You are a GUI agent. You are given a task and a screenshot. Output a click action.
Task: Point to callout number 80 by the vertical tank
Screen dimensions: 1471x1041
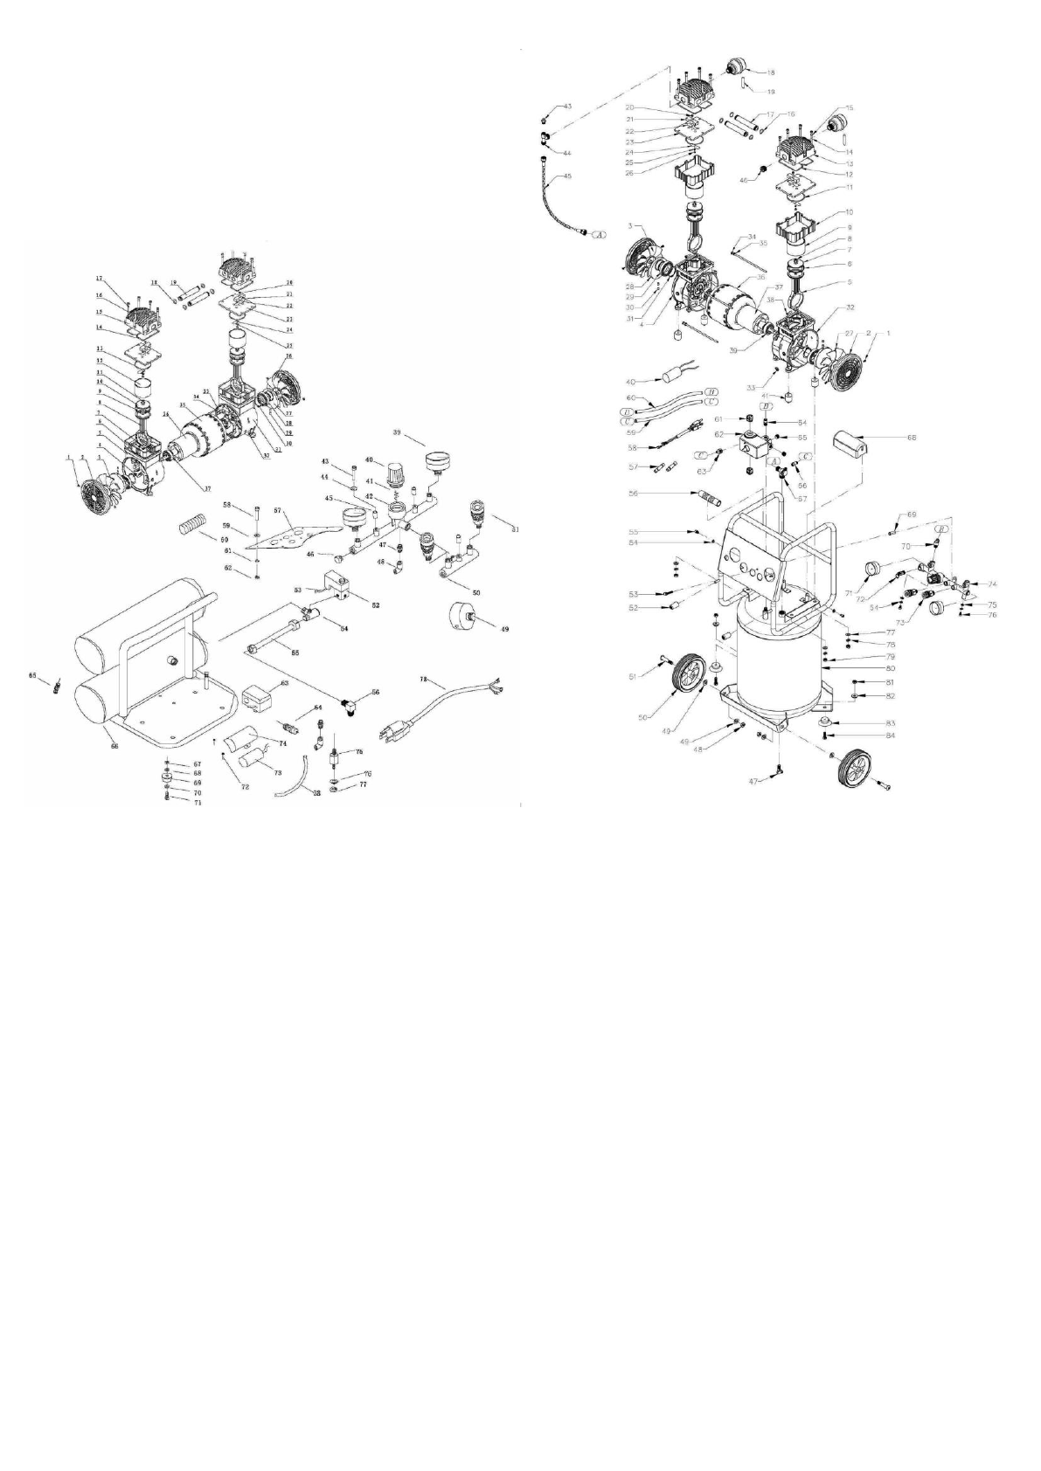coord(889,668)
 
